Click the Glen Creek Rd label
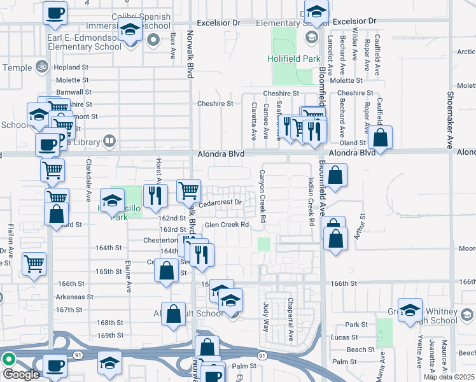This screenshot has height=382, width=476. [226, 225]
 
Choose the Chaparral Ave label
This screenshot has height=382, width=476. [291, 317]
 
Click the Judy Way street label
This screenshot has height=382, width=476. [266, 316]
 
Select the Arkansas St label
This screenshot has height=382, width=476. [74, 297]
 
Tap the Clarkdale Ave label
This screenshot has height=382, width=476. [88, 188]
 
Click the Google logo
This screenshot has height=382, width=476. [21, 374]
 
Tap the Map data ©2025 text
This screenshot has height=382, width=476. [449, 377]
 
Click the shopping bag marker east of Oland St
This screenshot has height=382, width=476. [380, 138]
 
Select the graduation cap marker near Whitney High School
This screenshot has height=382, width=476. [410, 310]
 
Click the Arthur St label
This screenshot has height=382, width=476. [363, 226]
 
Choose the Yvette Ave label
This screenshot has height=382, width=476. [419, 353]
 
